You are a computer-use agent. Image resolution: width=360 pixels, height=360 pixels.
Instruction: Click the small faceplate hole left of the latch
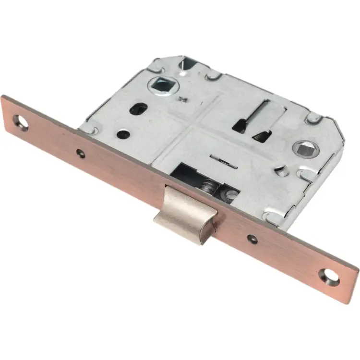(81, 153)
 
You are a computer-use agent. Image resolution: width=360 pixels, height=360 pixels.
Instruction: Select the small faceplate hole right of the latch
(251, 237)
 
